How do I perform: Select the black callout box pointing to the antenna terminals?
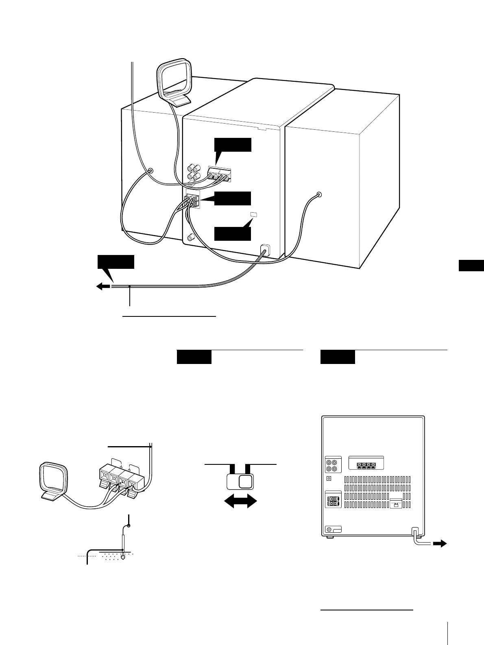(233, 145)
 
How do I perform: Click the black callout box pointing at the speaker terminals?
(233, 198)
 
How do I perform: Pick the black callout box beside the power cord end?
(116, 262)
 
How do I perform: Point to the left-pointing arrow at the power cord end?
(103, 286)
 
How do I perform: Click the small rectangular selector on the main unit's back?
(254, 214)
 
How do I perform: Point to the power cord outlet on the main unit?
(265, 248)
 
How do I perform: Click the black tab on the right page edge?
(471, 265)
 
